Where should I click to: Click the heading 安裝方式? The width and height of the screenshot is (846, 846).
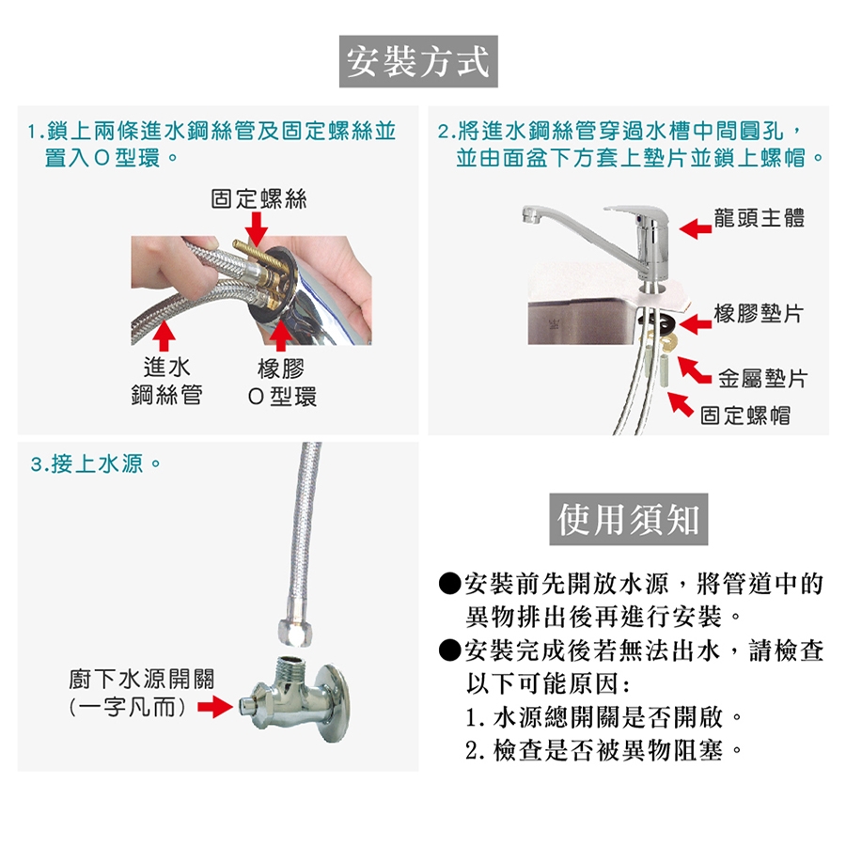pos(418,61)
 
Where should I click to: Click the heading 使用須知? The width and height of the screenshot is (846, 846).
pos(629,520)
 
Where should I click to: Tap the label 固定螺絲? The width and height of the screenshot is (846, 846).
pos(258,199)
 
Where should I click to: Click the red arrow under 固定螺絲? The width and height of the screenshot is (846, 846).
pos(257,228)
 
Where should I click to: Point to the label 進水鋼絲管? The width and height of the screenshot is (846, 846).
pos(167,382)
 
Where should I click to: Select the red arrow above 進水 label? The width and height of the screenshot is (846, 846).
pos(164,336)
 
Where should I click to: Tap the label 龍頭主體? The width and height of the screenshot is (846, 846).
pos(760,218)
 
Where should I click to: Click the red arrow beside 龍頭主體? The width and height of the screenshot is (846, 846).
pos(696,228)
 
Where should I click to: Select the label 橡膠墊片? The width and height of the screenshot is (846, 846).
pos(759,313)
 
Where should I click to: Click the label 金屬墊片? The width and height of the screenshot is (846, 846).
pos(762,378)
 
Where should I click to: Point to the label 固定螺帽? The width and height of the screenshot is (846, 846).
pos(745,415)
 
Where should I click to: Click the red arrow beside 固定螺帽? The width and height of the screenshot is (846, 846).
pos(681,404)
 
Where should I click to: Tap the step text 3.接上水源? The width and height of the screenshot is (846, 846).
pos(95,463)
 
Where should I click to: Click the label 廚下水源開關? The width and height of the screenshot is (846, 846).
pos(141,679)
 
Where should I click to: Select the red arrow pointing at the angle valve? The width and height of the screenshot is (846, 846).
pos(214,707)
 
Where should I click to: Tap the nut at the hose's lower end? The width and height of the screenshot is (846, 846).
pos(296,632)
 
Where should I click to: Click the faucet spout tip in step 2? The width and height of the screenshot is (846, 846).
pos(531,216)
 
